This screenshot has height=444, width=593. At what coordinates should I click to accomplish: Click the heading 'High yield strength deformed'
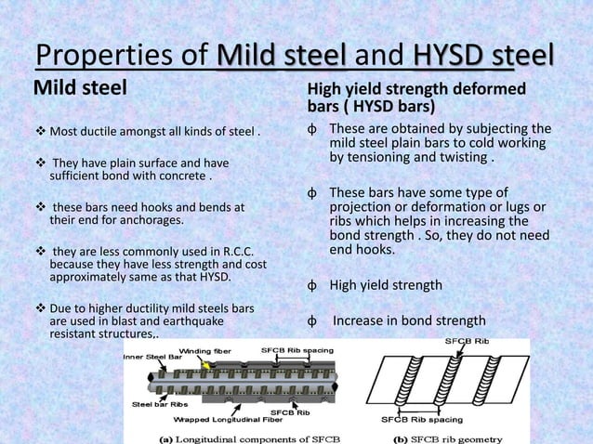point(415,89)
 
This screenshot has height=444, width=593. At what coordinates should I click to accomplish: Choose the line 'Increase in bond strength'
point(409,321)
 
